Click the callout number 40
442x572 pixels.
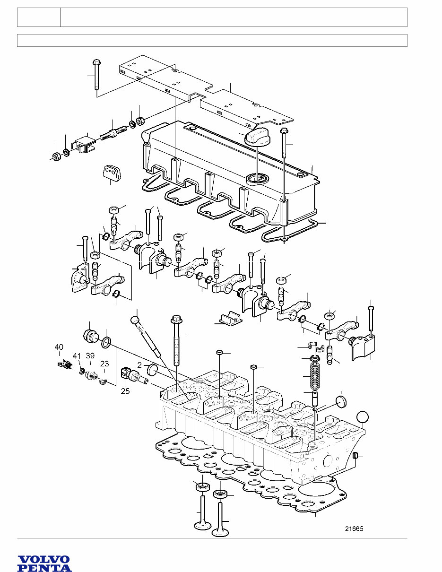[x=59, y=347]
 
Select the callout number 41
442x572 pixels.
[x=77, y=356]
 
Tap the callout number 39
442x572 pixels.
[x=90, y=356]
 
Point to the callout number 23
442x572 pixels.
[x=104, y=364]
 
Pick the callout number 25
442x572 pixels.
[x=125, y=391]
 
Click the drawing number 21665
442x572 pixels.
[x=354, y=529]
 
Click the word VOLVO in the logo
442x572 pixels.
[x=44, y=560]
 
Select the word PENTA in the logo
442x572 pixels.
[x=44, y=568]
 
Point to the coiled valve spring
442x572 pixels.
[x=314, y=374]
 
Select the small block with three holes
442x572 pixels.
[x=112, y=173]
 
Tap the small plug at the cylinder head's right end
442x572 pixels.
[x=357, y=456]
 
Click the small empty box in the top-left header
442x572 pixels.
[x=39, y=17]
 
